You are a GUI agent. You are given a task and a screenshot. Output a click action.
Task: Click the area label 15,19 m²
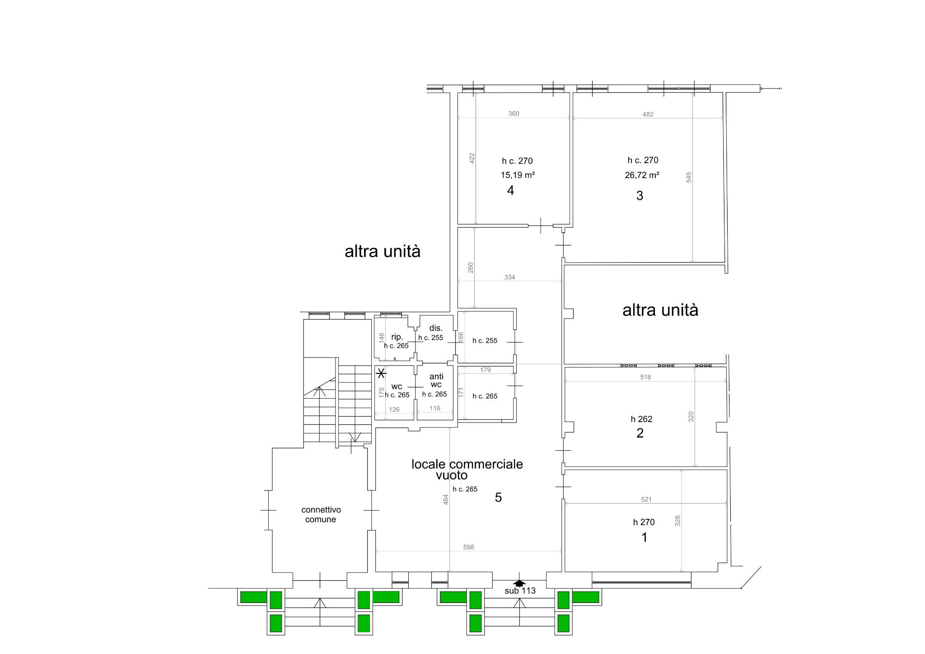[x=518, y=175]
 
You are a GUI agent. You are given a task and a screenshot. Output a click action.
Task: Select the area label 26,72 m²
[x=642, y=175]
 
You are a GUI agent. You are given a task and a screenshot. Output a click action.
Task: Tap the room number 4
[x=510, y=191]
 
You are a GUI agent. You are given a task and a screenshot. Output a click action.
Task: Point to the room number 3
[x=640, y=196]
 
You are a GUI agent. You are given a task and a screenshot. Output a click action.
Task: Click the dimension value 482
[x=648, y=114]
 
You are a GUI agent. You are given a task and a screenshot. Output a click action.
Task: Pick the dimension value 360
[x=514, y=113]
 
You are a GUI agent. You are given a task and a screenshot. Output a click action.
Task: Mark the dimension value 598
[x=469, y=547]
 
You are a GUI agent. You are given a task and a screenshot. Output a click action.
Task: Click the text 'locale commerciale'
[x=467, y=464]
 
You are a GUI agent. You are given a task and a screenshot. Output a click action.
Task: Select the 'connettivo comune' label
[x=321, y=515]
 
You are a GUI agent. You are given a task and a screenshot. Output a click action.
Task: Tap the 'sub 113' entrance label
[x=520, y=591]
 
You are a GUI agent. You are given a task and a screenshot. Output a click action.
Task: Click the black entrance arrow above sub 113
[x=519, y=583]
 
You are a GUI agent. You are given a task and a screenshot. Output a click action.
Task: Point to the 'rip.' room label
[x=397, y=337]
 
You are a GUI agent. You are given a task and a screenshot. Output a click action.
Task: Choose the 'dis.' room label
[x=436, y=328]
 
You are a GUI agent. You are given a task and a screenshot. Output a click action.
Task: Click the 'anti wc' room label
[x=436, y=381]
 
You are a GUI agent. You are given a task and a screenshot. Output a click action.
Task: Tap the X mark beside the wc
[x=381, y=373]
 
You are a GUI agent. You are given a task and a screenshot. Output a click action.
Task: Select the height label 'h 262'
[x=642, y=419]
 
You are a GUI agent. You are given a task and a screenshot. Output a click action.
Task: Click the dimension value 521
[x=646, y=499]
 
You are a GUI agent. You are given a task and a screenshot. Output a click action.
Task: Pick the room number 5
[x=498, y=498]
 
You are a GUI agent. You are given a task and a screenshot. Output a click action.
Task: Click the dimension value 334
[x=509, y=277]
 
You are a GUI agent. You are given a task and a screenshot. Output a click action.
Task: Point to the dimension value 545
[x=689, y=177]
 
